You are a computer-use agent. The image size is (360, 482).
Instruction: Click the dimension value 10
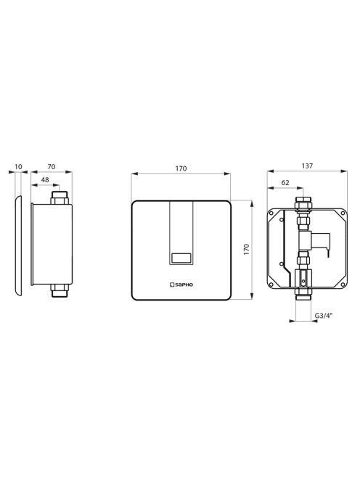tap(18, 167)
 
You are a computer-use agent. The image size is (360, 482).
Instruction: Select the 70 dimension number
tap(52, 167)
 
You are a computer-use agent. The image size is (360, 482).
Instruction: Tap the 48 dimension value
tap(45, 180)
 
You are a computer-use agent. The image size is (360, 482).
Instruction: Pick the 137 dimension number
tap(307, 166)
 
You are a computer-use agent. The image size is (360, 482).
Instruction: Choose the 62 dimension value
tap(285, 183)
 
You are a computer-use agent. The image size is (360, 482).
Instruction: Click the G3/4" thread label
tap(324, 315)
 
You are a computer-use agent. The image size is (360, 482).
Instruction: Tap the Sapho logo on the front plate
tap(181, 285)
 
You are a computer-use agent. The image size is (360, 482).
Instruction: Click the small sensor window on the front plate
tap(181, 258)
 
